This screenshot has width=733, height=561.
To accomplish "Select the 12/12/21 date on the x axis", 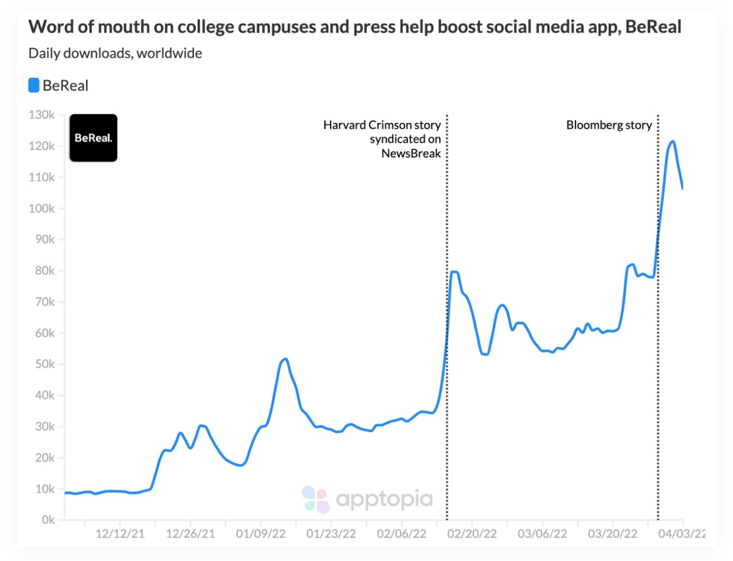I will [x=120, y=534].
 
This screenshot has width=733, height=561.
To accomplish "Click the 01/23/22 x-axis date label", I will [x=331, y=534].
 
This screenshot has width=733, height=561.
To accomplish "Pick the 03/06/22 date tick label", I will [x=542, y=534].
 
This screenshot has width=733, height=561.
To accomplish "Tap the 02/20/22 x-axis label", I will [x=471, y=534].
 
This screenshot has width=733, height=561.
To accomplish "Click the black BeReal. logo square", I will [x=93, y=138].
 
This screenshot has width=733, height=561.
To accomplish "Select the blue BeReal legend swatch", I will [x=34, y=85].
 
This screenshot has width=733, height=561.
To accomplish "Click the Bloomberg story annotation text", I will [x=609, y=125].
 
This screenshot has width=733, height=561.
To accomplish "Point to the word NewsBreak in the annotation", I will [x=411, y=152].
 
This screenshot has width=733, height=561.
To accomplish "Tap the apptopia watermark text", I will [x=384, y=500].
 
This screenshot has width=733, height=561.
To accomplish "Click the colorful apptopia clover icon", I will [x=315, y=500].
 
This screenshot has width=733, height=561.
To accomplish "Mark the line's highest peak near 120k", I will [x=672, y=141].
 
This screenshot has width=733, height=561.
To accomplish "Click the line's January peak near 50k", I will [x=285, y=359].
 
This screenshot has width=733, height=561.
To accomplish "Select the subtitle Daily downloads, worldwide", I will [x=115, y=53].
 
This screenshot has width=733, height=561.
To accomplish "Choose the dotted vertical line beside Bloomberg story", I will [x=658, y=314].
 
